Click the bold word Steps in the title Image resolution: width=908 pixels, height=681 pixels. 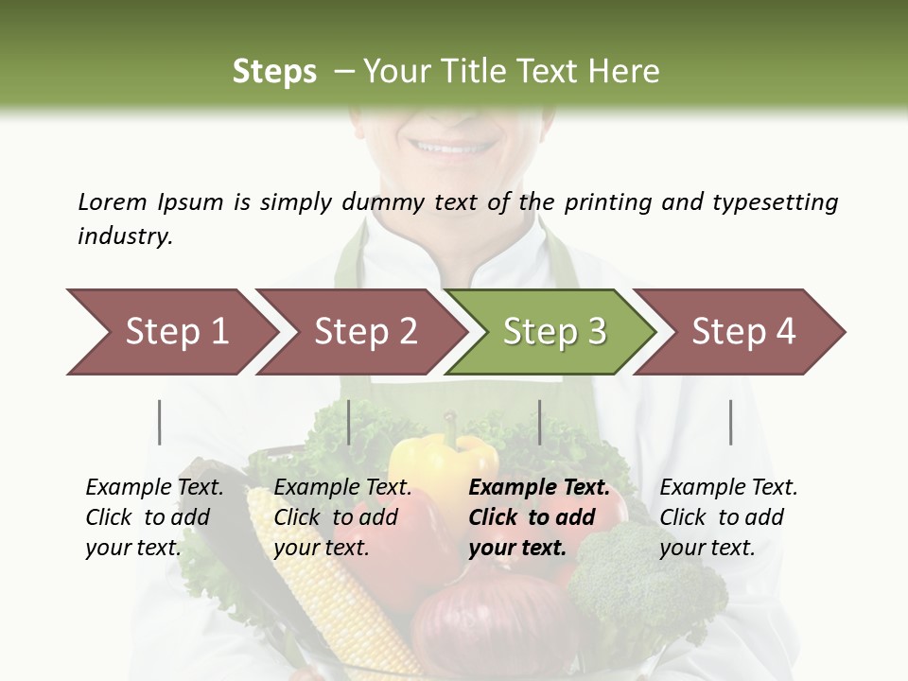click(274, 72)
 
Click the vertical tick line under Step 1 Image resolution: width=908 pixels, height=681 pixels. click(160, 422)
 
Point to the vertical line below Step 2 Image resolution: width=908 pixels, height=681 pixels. click(349, 422)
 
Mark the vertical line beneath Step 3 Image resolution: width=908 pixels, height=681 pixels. click(540, 422)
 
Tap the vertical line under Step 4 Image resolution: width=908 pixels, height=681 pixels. click(731, 422)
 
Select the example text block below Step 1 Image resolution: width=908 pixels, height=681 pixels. click(154, 517)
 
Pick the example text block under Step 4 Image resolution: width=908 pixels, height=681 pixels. click(728, 517)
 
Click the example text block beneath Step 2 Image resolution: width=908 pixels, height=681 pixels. click(342, 517)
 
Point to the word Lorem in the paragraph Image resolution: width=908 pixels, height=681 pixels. click(113, 201)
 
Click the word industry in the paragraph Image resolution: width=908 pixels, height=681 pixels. click(125, 236)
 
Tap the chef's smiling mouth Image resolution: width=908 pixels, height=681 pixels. click(452, 148)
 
